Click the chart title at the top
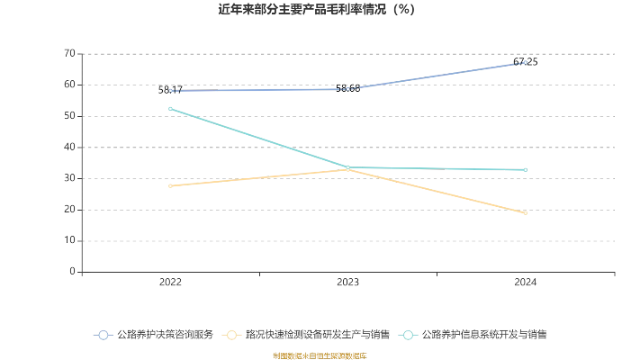(316, 11)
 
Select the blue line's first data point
(170, 90)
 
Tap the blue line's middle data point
(347, 88)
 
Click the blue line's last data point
(524, 63)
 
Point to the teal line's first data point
(170, 109)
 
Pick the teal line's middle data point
(347, 167)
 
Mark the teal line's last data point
(524, 169)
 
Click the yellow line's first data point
(170, 185)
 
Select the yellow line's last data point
(524, 214)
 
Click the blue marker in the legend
(104, 335)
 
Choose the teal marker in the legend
(410, 335)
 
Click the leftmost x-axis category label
(170, 283)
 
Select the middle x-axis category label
(347, 283)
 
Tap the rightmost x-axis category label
(524, 283)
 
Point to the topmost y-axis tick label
(69, 53)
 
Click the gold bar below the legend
(320, 355)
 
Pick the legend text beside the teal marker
(484, 335)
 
